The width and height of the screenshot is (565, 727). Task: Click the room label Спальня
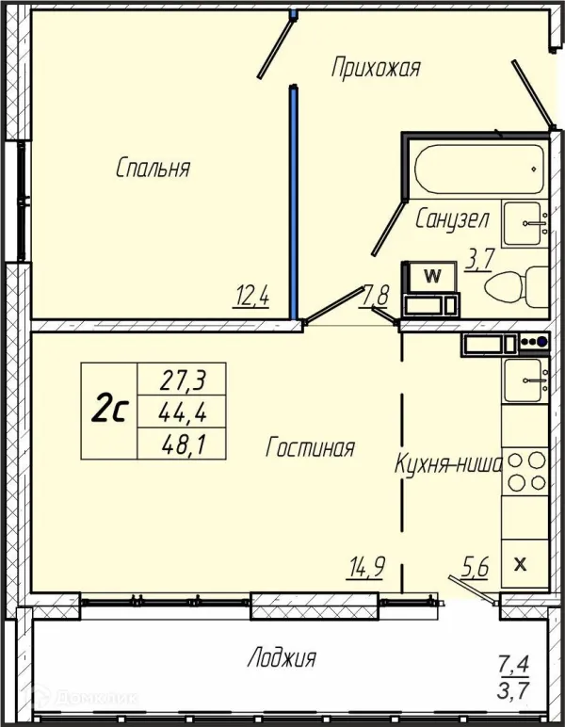coord(153,168)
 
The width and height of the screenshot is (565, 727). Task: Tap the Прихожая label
coord(376,68)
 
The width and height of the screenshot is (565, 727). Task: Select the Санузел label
coord(452,218)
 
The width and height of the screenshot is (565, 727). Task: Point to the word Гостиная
coord(310,447)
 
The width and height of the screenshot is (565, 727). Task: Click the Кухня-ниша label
coord(448,463)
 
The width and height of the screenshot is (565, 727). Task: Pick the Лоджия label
coord(282,657)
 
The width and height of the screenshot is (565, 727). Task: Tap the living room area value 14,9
coord(365,567)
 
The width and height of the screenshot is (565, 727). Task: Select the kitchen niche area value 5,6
coord(476,567)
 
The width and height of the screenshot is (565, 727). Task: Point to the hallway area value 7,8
coord(375,296)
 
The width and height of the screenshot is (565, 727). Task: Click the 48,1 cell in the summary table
coord(182,444)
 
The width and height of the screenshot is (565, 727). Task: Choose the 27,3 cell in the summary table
coord(182,380)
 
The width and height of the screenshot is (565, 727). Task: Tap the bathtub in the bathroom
coord(479,169)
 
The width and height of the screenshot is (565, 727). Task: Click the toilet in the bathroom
coord(517,286)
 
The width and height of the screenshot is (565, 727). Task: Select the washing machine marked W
coord(432,277)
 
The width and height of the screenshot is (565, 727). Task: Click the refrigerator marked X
coord(525,564)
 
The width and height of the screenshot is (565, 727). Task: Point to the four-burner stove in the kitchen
coord(525,472)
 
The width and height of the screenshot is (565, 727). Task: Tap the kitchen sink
coord(525,380)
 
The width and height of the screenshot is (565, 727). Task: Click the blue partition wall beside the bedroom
coord(294,202)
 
